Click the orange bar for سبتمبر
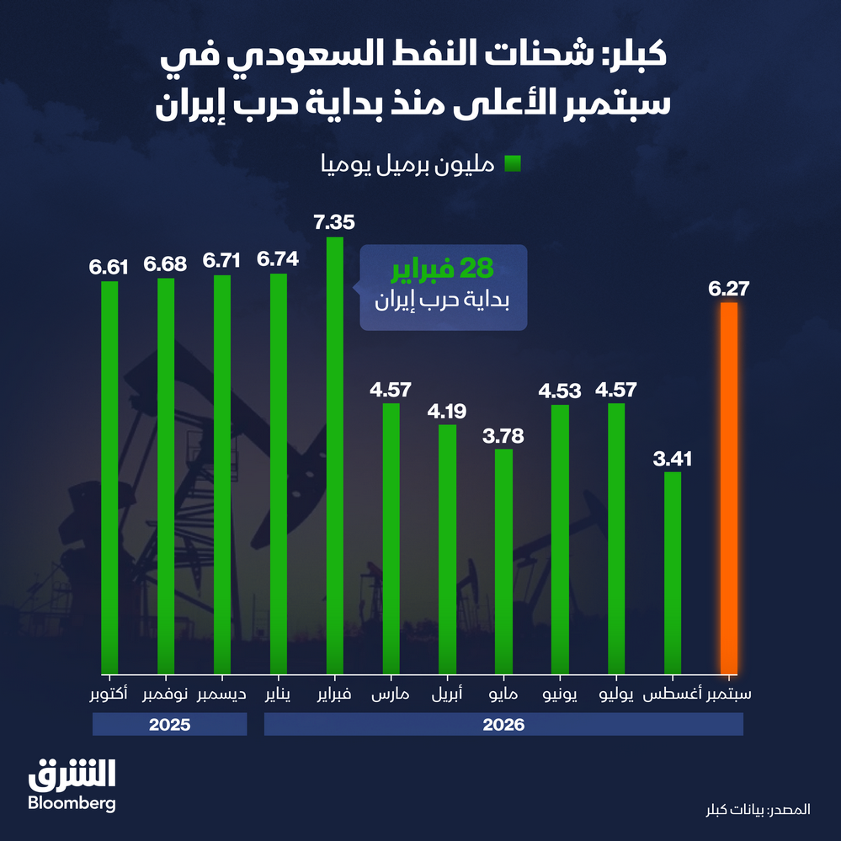coord(728,488)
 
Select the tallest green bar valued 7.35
coord(335,455)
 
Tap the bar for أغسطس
coord(672,572)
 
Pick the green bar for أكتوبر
coord(109,477)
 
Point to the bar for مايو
coord(503,562)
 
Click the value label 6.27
coord(728,289)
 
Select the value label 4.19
coord(447,412)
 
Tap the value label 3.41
coord(672,459)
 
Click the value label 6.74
coord(278,259)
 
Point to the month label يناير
coord(278,695)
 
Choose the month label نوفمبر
coord(165,695)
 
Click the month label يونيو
coord(560,695)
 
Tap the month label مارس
coord(391,695)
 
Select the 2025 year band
coord(169,724)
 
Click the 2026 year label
coord(503,725)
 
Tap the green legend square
coord(513,163)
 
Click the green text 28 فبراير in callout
coord(443,269)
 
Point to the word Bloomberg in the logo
coord(72,803)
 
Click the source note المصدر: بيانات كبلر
coord(758,809)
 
